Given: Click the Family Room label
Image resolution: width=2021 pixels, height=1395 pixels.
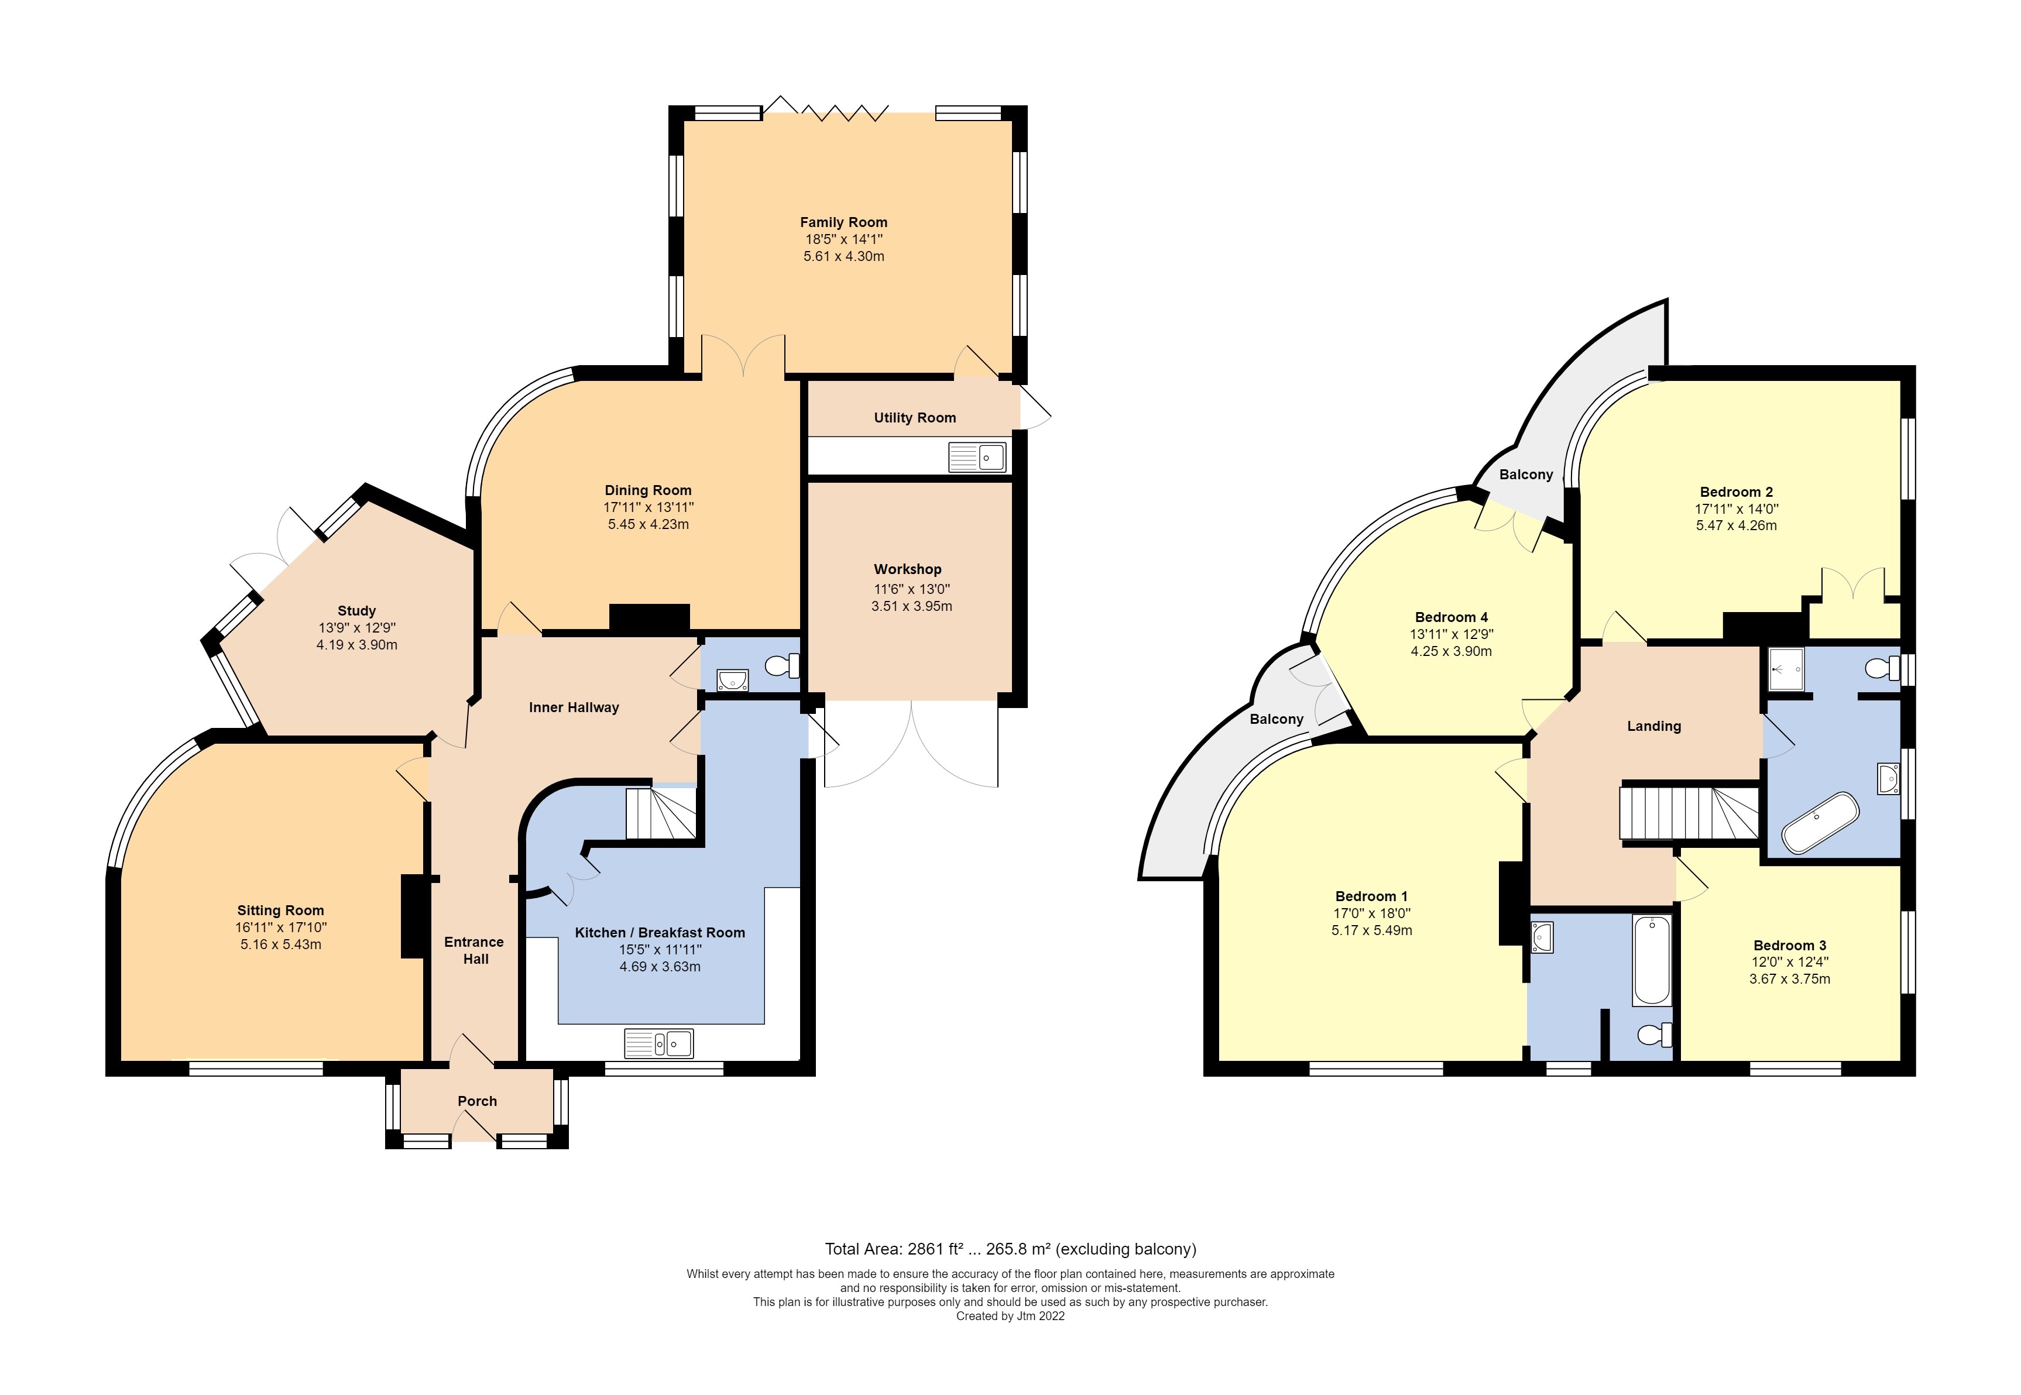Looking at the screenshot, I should [x=843, y=222].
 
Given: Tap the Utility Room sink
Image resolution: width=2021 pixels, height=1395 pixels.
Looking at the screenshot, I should [x=977, y=457].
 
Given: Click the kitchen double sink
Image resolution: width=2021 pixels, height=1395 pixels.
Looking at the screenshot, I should [x=658, y=1043].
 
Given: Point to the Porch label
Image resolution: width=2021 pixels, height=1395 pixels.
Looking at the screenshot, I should [x=476, y=1101].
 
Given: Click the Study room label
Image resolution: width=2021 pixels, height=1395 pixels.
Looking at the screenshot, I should [x=356, y=610].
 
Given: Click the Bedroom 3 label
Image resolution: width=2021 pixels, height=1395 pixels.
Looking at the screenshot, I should [x=1789, y=945].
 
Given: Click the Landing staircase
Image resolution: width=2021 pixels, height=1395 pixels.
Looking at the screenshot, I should [x=1687, y=813].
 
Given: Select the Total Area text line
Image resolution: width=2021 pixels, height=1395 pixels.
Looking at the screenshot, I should [x=1010, y=1249].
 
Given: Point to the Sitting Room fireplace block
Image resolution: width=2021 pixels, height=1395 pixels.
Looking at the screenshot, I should [x=411, y=916].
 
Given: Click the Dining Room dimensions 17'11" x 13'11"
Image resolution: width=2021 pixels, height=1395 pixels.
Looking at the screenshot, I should [x=648, y=507].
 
